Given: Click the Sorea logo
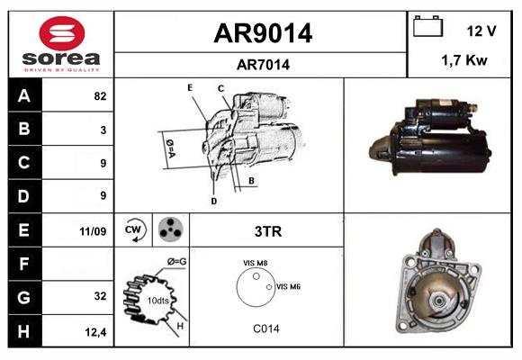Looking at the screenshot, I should (x=61, y=44).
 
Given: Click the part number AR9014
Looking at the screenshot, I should (x=262, y=33).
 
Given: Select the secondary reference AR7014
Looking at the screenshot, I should (x=262, y=64).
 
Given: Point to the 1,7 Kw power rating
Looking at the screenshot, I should (x=464, y=60).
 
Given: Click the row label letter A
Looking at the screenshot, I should (x=24, y=95).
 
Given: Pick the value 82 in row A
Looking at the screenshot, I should (x=99, y=96).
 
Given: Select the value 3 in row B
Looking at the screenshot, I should (x=103, y=130).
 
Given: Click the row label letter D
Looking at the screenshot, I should (x=24, y=195).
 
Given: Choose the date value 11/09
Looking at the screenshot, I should (x=93, y=231).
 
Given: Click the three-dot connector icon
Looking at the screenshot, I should (x=168, y=230).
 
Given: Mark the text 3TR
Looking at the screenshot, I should (x=267, y=231).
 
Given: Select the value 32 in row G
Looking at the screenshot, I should (x=99, y=296).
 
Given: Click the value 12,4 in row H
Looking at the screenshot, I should (x=96, y=331).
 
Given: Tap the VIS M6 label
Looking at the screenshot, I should (x=288, y=286).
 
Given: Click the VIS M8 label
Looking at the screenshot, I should (x=255, y=263).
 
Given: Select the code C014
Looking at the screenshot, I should (x=265, y=328).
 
